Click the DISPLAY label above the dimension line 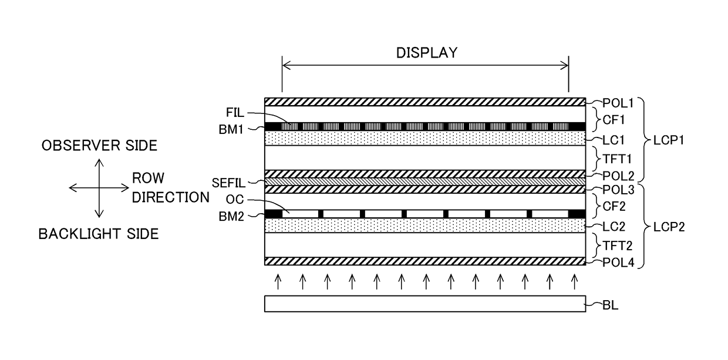[427, 53]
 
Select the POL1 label [618, 103]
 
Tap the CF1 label [614, 120]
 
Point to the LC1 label [614, 140]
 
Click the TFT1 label [617, 159]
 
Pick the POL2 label [618, 176]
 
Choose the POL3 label [618, 190]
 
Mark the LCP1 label [669, 140]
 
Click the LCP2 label [669, 227]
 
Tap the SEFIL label [228, 183]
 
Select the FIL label [235, 113]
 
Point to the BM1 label [231, 129]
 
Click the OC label [235, 199]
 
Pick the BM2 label [231, 216]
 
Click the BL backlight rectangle [425, 304]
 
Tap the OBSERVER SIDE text [99, 146]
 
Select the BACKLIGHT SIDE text [99, 234]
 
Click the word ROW [148, 178]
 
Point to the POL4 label [618, 263]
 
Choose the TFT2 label [618, 245]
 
